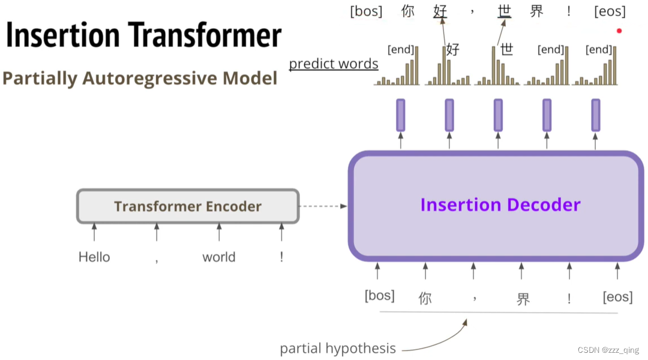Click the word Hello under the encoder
point(94,257)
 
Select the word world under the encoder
point(218,257)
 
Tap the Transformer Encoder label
point(187,207)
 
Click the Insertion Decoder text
point(500,205)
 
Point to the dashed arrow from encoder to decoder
point(323,206)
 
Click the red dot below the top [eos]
point(619,31)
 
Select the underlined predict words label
point(334,64)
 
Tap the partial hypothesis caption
point(338,349)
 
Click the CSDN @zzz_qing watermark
point(608,350)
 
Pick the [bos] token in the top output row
point(366,11)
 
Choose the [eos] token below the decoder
point(617,297)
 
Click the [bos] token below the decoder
point(380,296)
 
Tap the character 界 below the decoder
point(523,299)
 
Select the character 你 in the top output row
point(408,11)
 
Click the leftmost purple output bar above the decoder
point(401,115)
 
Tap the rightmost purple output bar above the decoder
point(595,115)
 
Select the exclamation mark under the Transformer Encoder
point(281,257)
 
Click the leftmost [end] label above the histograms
point(401,50)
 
